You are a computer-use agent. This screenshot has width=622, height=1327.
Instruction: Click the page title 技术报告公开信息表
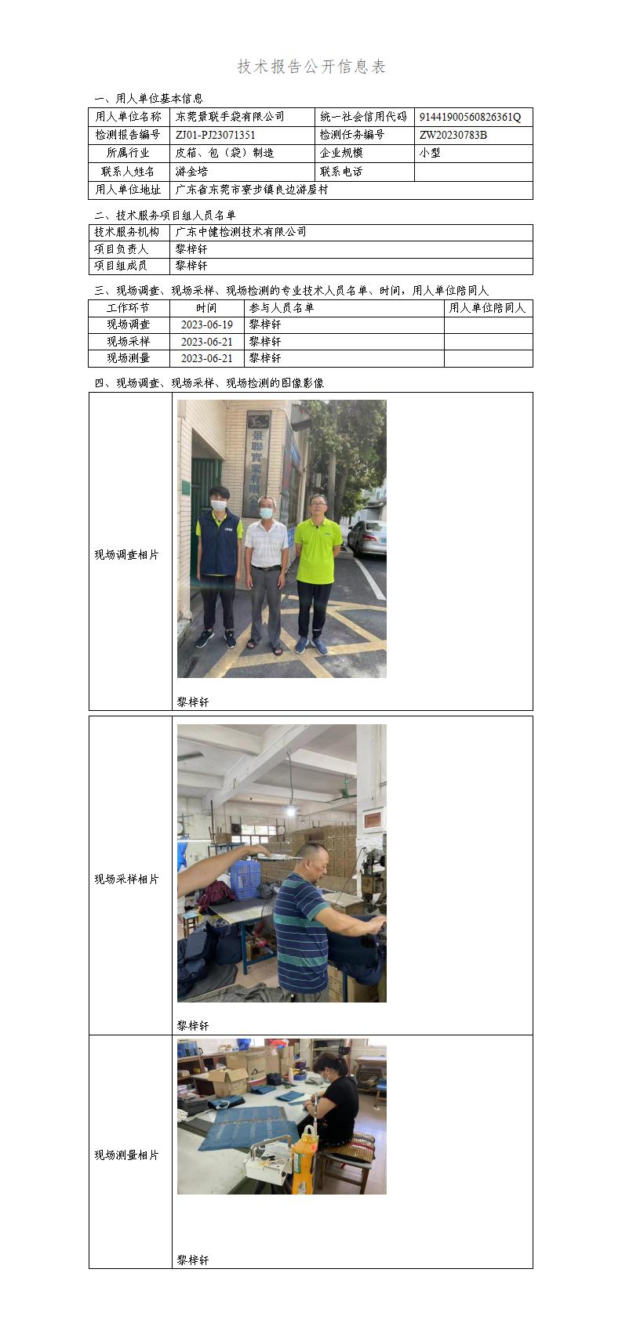311,67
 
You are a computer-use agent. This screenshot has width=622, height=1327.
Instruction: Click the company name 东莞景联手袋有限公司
230,117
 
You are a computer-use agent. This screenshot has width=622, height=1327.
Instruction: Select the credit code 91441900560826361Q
470,117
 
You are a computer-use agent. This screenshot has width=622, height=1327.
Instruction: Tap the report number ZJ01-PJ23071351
216,135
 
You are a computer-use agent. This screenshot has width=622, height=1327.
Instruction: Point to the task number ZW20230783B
453,135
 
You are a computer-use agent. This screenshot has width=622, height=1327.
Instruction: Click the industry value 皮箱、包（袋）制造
224,154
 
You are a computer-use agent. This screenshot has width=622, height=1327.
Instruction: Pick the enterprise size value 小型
430,154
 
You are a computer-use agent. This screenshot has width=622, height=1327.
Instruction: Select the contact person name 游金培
191,172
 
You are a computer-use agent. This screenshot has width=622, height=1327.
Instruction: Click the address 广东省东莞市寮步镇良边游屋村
251,190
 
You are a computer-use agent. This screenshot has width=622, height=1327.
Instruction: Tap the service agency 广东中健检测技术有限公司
241,232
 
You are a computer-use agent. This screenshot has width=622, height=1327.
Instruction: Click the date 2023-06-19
206,324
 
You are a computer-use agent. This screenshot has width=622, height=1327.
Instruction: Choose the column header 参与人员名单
282,308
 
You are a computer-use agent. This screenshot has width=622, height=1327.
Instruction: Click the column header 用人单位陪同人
487,308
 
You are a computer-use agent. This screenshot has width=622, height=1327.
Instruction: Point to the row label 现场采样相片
126,879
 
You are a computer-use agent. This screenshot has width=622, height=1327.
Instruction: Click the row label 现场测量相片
126,1155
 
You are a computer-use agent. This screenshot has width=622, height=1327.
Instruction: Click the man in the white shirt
264,568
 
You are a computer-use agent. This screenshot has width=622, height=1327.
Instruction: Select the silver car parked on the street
368,538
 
